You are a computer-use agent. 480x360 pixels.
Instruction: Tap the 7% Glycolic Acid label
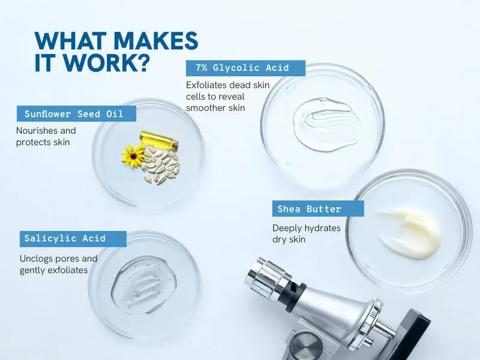[x=246, y=68]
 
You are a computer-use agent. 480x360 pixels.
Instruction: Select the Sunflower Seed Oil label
[x=73, y=114]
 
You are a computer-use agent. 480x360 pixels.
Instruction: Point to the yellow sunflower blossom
[x=132, y=155]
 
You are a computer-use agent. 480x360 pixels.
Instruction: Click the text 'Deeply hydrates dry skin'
[x=306, y=233]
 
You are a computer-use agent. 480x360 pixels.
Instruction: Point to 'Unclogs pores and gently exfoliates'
[x=58, y=265]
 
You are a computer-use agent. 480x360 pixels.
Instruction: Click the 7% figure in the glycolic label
[x=202, y=68]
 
